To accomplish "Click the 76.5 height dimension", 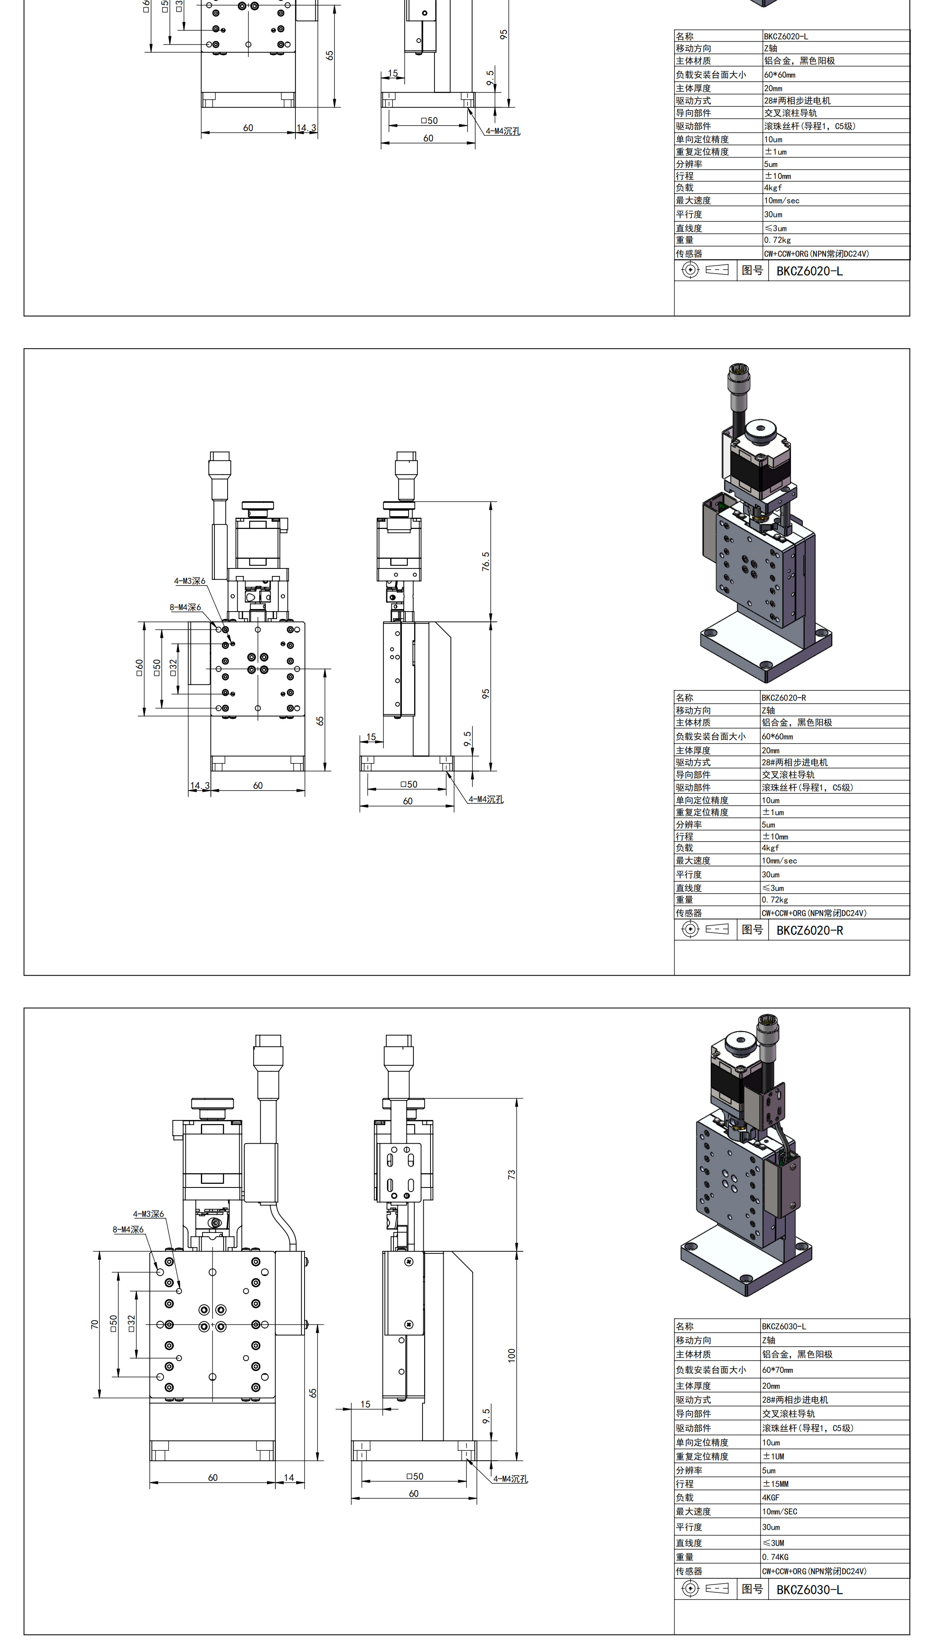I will pos(486,562).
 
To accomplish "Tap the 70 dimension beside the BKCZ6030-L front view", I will pos(95,1324).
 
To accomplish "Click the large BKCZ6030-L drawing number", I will pos(809,1590).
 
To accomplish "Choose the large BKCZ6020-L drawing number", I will pos(809,271).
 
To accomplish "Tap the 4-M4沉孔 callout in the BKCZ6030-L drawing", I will pos(510,1479).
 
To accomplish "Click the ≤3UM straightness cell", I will pos(773,1542).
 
